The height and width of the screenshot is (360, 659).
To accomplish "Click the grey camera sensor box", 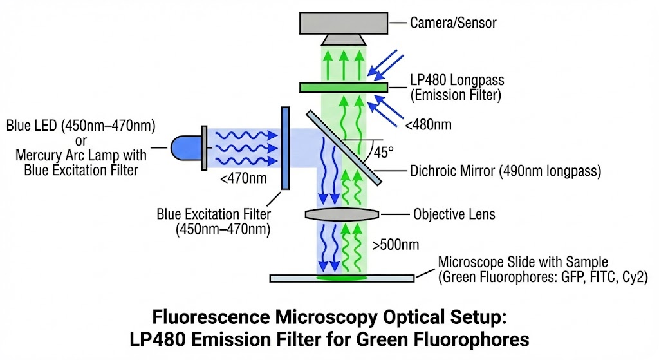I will (x=344, y=23).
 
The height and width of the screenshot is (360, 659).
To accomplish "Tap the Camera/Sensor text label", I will (x=453, y=23).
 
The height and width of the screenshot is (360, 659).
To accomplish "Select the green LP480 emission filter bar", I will (x=344, y=87).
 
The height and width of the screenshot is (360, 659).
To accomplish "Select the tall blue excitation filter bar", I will (x=284, y=149).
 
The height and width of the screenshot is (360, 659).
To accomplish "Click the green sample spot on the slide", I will (x=344, y=279).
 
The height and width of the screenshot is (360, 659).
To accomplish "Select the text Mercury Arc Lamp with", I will (x=82, y=155).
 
